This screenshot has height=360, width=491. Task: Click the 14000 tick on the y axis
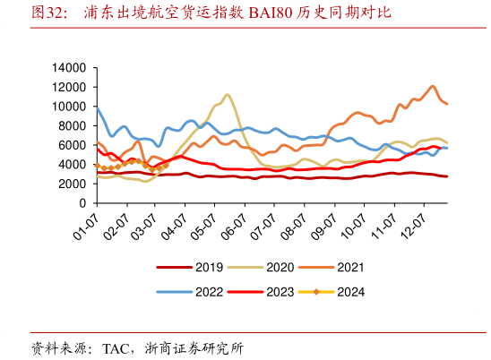[x=68, y=67]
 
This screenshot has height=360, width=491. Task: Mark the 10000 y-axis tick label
[x=68, y=107]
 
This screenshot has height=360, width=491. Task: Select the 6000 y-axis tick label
[x=72, y=145]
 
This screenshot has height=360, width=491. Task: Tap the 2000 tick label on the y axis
[x=72, y=184]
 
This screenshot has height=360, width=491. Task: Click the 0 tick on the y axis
[x=82, y=203]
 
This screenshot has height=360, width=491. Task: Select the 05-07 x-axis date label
[x=206, y=220]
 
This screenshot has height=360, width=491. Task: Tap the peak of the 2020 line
[x=228, y=94]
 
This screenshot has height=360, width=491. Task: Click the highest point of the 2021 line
[x=434, y=86]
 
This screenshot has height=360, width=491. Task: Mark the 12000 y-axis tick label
[x=68, y=87]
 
